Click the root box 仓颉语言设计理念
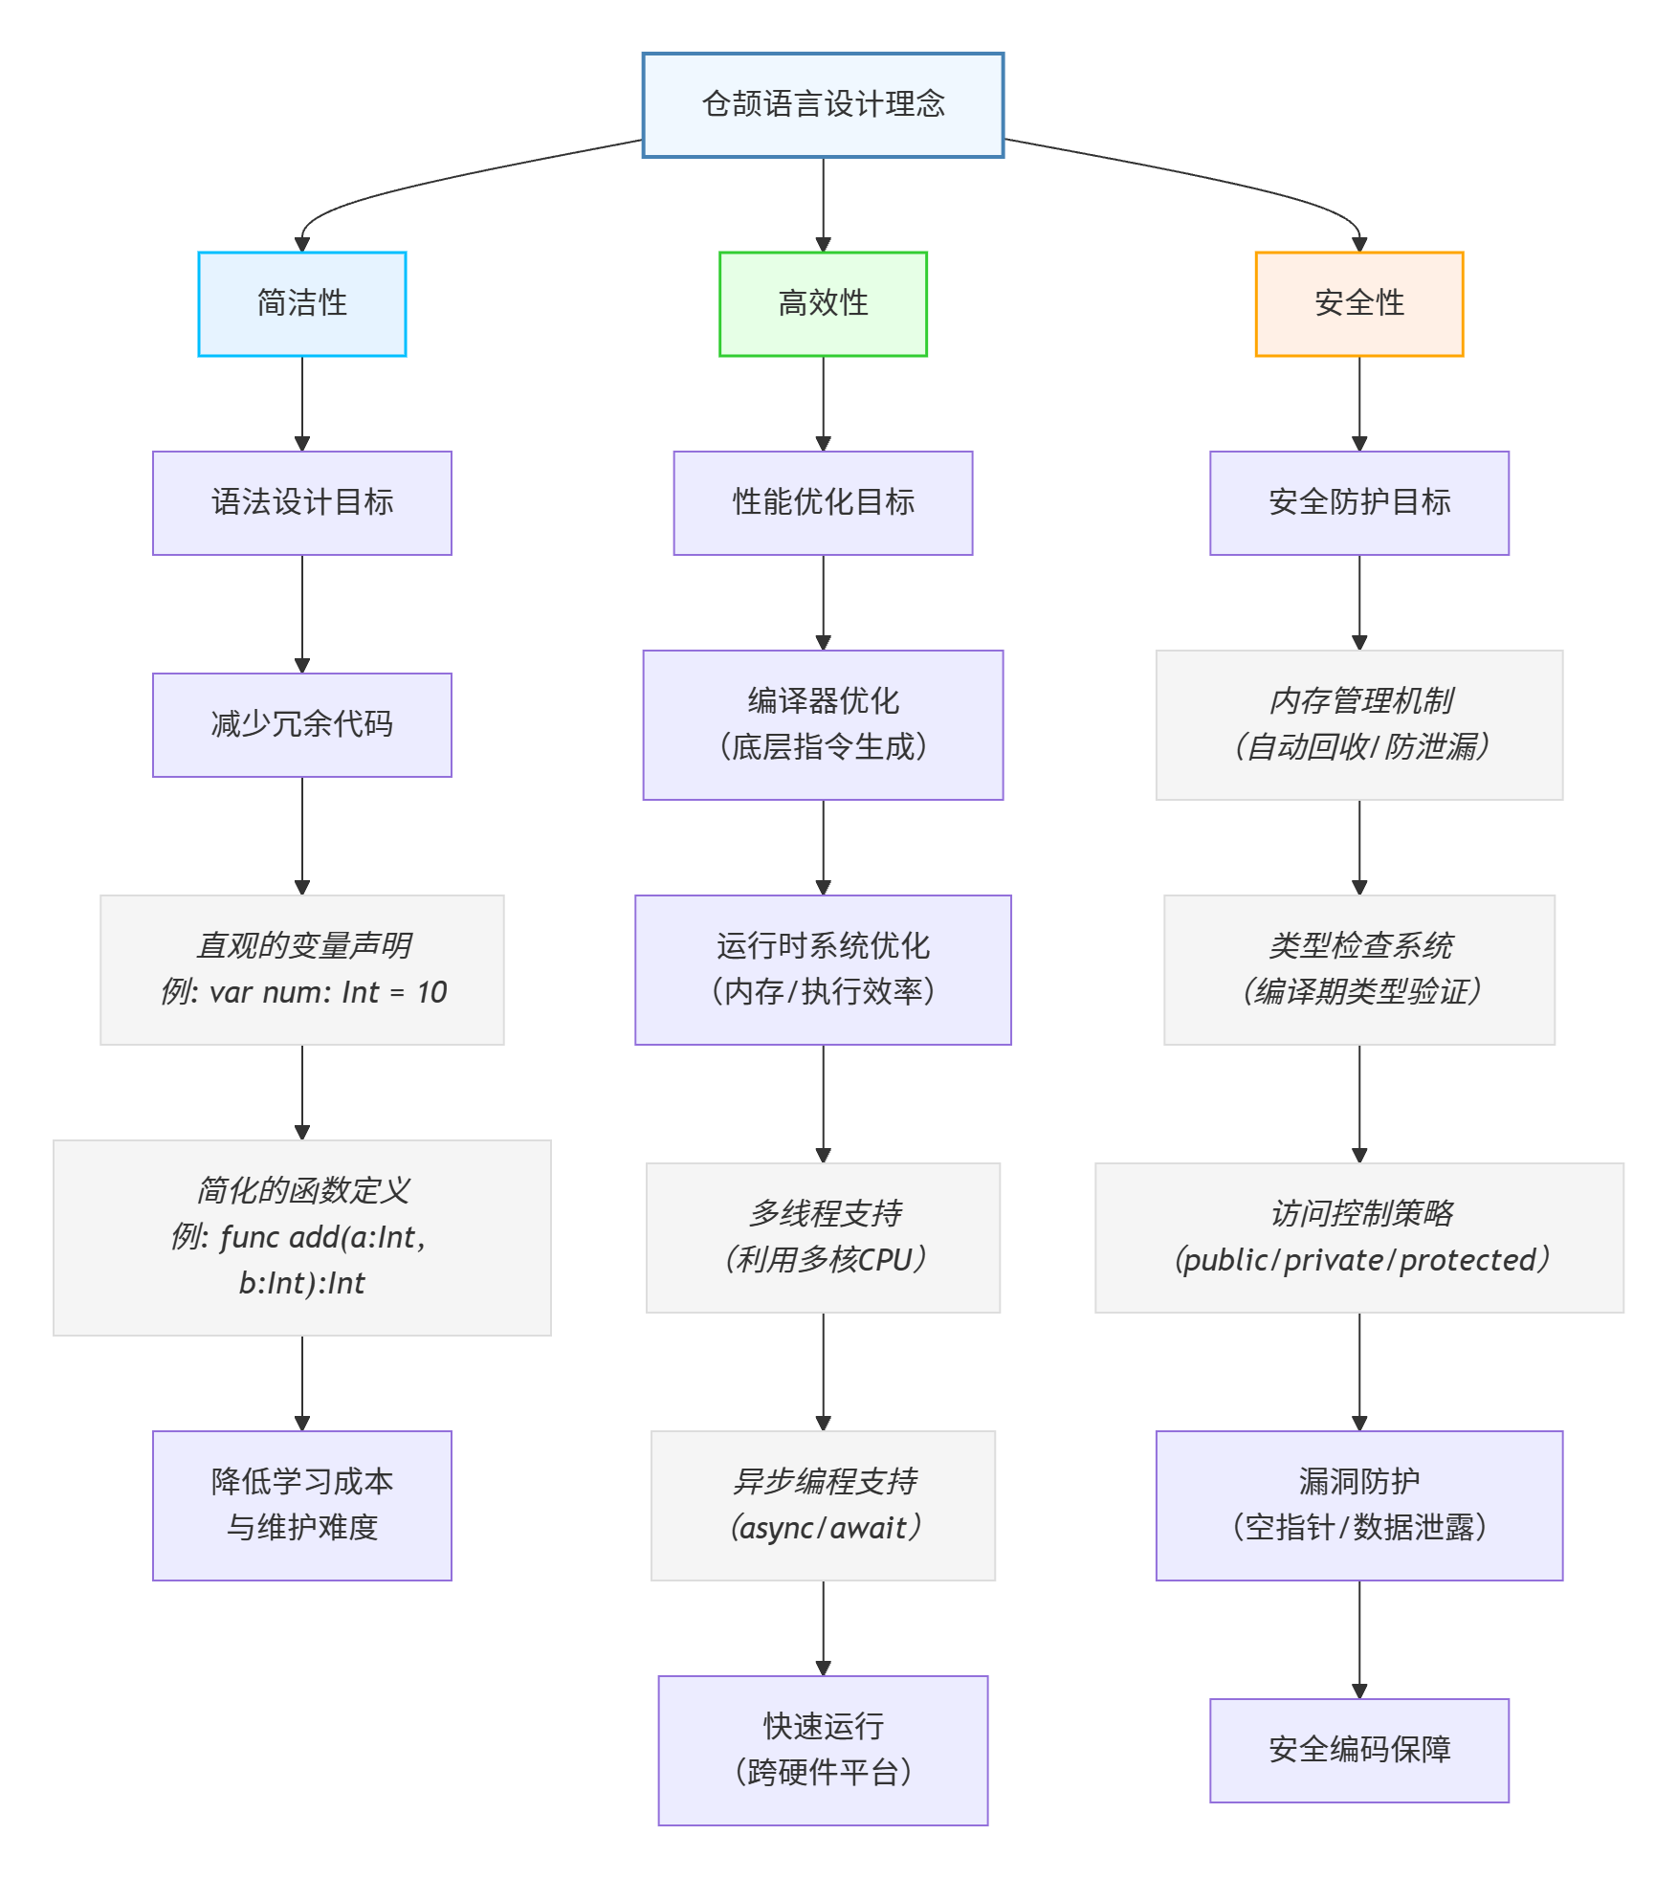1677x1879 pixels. click(x=823, y=105)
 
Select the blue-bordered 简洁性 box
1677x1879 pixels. click(x=302, y=304)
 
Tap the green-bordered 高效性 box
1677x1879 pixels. click(x=823, y=304)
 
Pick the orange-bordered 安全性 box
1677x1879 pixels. click(x=1358, y=304)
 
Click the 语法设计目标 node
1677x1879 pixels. click(x=302, y=503)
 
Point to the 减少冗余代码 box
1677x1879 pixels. click(x=302, y=725)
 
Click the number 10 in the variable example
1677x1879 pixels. click(x=432, y=992)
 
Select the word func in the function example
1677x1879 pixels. click(x=250, y=1237)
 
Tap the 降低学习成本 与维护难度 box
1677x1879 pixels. click(x=302, y=1505)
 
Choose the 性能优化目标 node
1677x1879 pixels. click(x=823, y=503)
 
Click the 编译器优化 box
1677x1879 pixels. click(x=823, y=724)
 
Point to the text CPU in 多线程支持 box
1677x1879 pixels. click(x=885, y=1260)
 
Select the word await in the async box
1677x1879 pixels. click(x=868, y=1528)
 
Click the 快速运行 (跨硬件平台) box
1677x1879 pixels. click(x=823, y=1750)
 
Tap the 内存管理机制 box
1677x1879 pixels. click(x=1358, y=724)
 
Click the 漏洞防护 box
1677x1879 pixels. click(x=1358, y=1505)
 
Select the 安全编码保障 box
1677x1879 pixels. click(x=1358, y=1750)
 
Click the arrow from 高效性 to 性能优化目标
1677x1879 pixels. click(x=823, y=402)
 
